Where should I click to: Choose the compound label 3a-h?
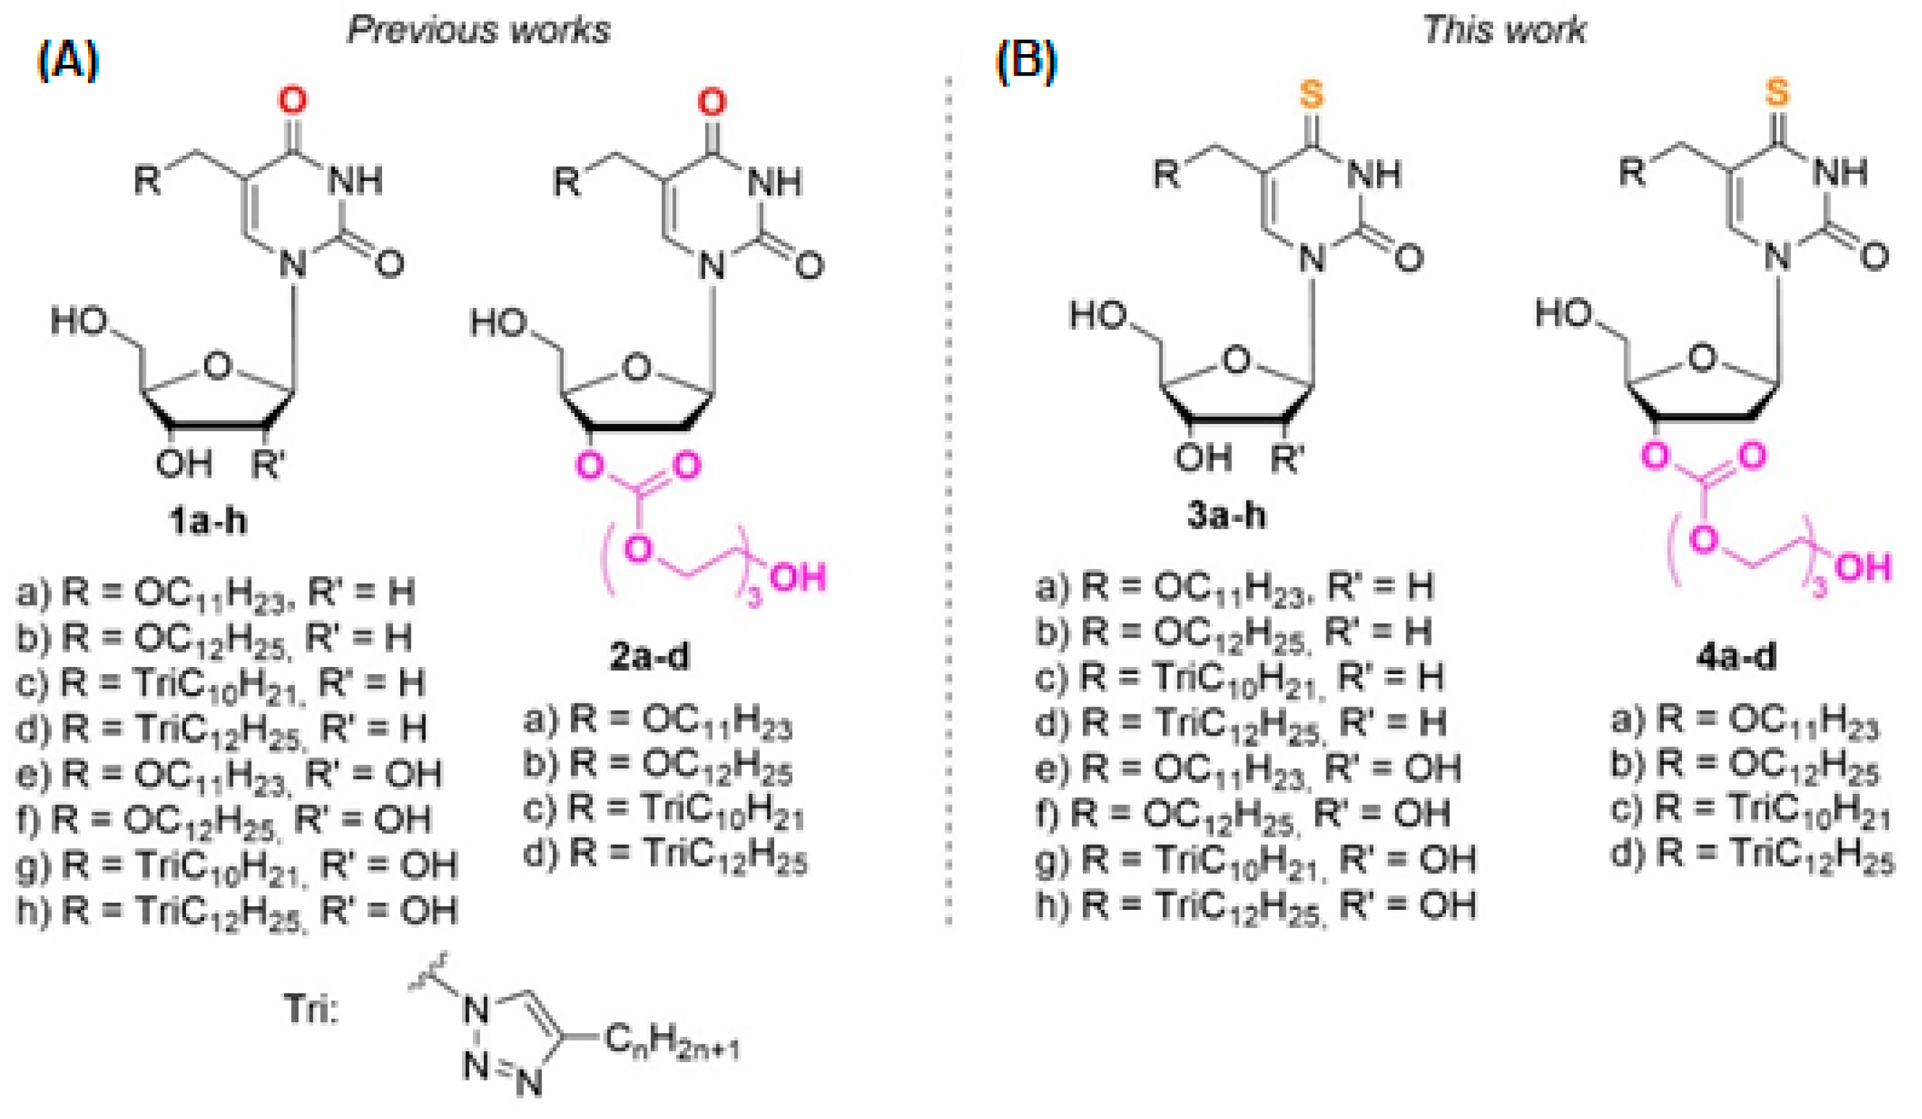tap(1226, 516)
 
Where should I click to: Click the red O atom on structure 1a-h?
tap(293, 100)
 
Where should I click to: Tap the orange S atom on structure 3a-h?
tap(1311, 94)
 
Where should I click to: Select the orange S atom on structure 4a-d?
tap(1777, 92)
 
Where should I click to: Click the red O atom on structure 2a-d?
tap(712, 102)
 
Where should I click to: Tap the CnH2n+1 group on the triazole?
tap(671, 1042)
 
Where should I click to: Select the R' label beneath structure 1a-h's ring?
tap(267, 464)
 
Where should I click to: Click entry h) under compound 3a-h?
tap(1255, 906)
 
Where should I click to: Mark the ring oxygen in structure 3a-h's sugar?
tap(1236, 359)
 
